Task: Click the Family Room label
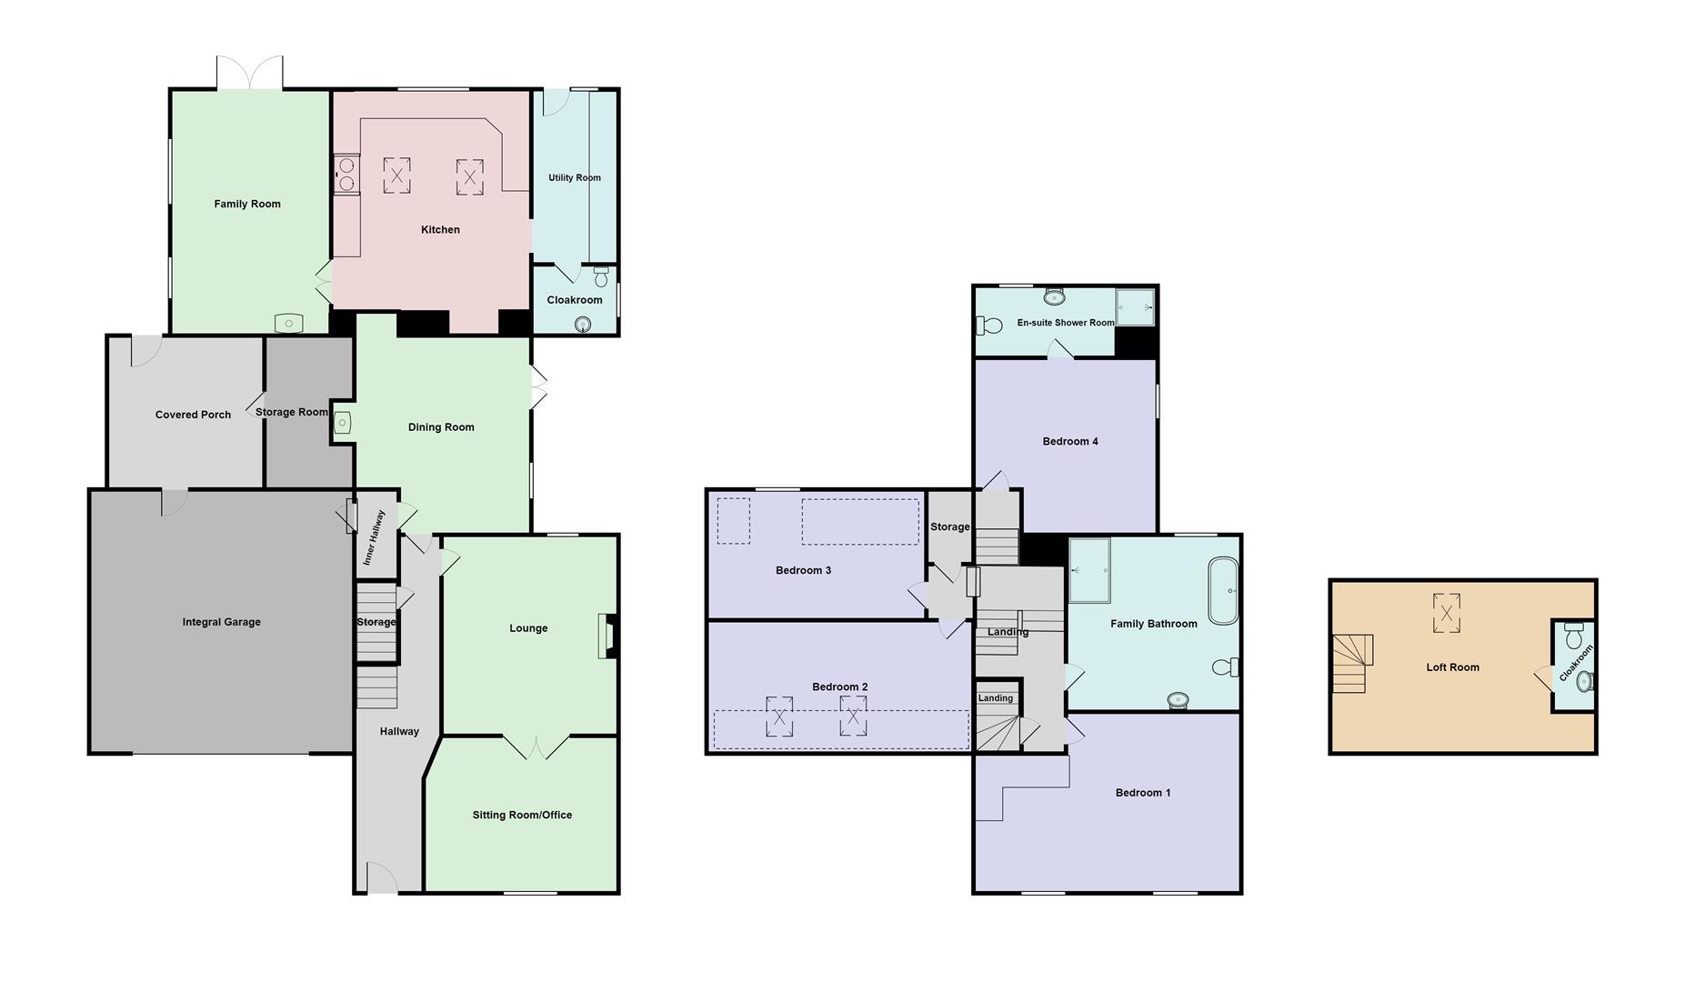[x=247, y=204]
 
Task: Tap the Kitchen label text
[x=440, y=230]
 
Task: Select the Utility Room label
[x=574, y=177]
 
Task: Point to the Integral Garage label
[x=221, y=622]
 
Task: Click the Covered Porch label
[x=193, y=415]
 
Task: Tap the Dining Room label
[x=441, y=427]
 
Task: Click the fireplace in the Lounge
[x=607, y=636]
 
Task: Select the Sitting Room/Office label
[x=522, y=816]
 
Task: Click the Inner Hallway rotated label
[x=374, y=537]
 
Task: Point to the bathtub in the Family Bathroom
[x=1223, y=591]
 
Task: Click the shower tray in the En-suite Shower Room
[x=1135, y=307]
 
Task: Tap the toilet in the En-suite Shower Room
[x=988, y=325]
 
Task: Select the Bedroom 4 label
[x=1070, y=442]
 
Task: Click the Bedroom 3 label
[x=803, y=571]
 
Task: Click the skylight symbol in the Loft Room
[x=1446, y=612]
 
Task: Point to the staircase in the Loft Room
[x=1351, y=663]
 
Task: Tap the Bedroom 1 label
[x=1143, y=793]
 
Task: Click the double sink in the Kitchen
[x=346, y=175]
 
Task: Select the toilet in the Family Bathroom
[x=1226, y=667]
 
